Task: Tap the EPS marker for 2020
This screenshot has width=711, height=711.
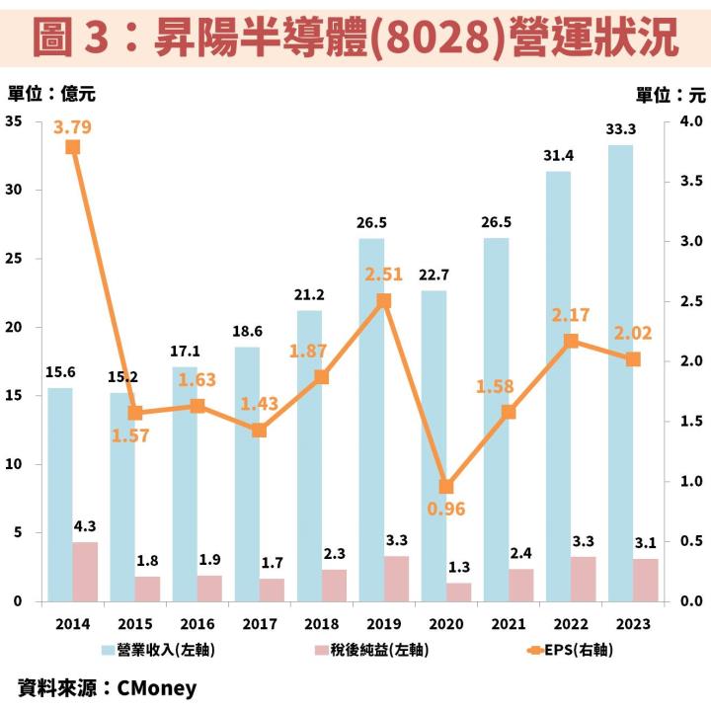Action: click(x=446, y=486)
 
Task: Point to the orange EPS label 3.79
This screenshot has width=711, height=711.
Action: click(x=73, y=126)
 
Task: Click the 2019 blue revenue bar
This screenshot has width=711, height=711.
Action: click(x=371, y=419)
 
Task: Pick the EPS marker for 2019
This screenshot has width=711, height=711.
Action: click(x=384, y=300)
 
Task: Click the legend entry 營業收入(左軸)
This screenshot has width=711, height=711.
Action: click(x=159, y=649)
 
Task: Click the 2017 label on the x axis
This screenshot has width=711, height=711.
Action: click(x=259, y=623)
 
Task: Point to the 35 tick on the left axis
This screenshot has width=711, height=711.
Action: click(x=14, y=121)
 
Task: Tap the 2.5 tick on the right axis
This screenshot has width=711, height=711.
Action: click(x=690, y=301)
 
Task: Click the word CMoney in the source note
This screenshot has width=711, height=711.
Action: click(x=157, y=687)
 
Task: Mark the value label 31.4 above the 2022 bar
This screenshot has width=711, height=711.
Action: click(x=559, y=156)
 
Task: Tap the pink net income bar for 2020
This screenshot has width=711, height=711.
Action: click(x=458, y=592)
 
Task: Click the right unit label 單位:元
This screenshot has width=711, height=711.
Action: click(x=671, y=94)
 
